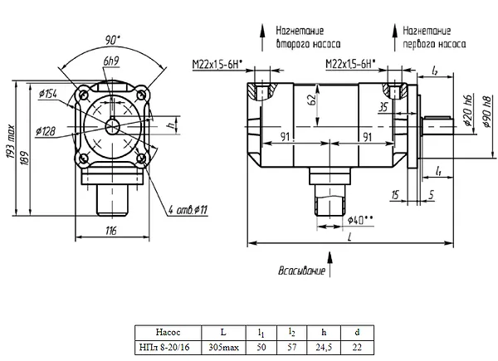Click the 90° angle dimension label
pos(113,41)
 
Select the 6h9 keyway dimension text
pos(111,61)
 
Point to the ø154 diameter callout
pos(47,94)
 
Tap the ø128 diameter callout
pos(46,131)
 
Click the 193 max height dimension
pos(11,142)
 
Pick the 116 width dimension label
pos(111,231)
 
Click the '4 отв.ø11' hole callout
pos(188,210)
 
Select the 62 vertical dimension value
pos(312,100)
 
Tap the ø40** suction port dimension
pos(360,220)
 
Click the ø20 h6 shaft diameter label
pos(468,110)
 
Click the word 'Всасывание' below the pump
pos(302,271)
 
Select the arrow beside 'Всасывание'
pos(330,264)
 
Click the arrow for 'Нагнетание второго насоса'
pos(262,37)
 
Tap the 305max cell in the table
pos(223,347)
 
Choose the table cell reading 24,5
pos(324,347)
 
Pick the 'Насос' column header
pos(168,333)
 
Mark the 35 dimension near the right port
pos(383,107)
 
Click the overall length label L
pos(350,237)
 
